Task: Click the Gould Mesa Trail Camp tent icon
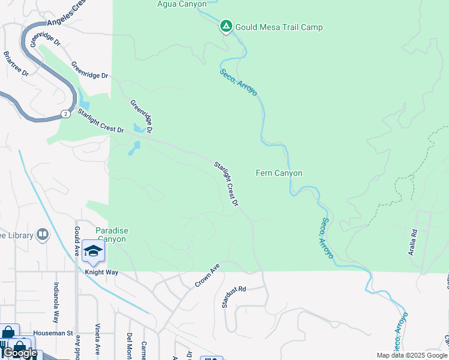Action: pos(226,26)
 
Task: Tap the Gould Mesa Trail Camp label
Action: pos(279,27)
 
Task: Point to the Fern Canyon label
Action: pos(279,173)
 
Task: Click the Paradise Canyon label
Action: pos(111,235)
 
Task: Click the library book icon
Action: pos(43,234)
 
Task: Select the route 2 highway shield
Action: pos(64,114)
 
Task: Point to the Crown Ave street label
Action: pos(208,275)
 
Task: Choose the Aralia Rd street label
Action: pos(414,239)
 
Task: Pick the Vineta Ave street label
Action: pos(97,339)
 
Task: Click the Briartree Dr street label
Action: pos(16,64)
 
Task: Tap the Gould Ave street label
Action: pos(77,241)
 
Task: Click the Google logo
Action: pos(20,353)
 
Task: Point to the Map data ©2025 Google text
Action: pos(412,355)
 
